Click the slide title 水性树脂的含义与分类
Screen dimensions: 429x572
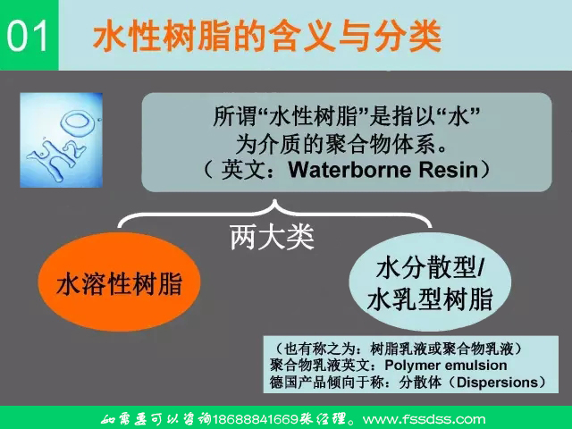tap(267, 37)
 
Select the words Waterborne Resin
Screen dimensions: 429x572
tap(375, 167)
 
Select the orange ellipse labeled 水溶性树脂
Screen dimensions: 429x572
tap(119, 285)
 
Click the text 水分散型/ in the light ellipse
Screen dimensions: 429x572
tap(430, 267)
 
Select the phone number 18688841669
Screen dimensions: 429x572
tap(263, 418)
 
